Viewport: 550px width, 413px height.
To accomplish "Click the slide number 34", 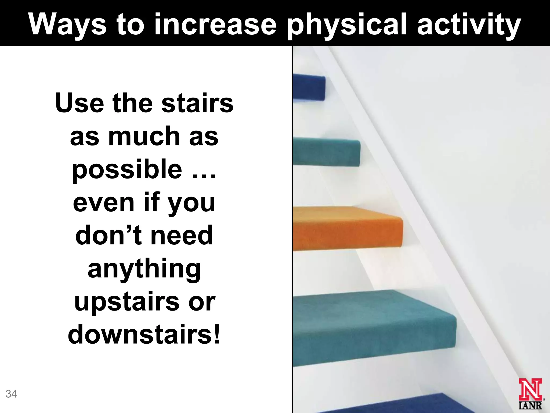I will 11,394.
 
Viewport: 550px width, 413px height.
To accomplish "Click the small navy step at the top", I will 309,87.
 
